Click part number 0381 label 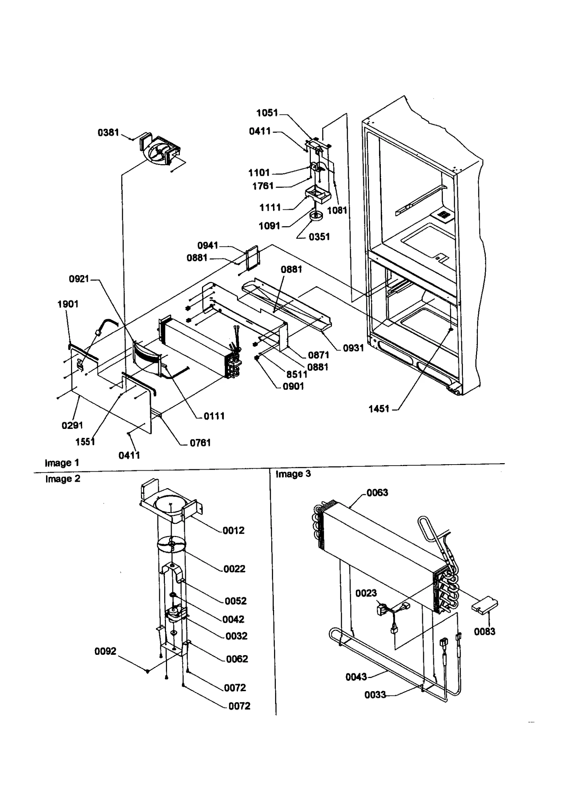tap(108, 133)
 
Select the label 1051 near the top tap(267, 113)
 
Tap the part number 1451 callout tap(379, 409)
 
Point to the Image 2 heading tap(63, 479)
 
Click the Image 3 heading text tap(293, 474)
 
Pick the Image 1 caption tap(62, 463)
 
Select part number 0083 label tap(484, 632)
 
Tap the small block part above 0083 tap(485, 606)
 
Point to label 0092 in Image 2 tap(105, 652)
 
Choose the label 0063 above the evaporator tap(377, 493)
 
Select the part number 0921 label tap(79, 279)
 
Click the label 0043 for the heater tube tap(356, 677)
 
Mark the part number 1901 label tap(68, 304)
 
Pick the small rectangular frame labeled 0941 tap(252, 256)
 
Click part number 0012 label tap(234, 531)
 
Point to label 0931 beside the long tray tap(353, 348)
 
